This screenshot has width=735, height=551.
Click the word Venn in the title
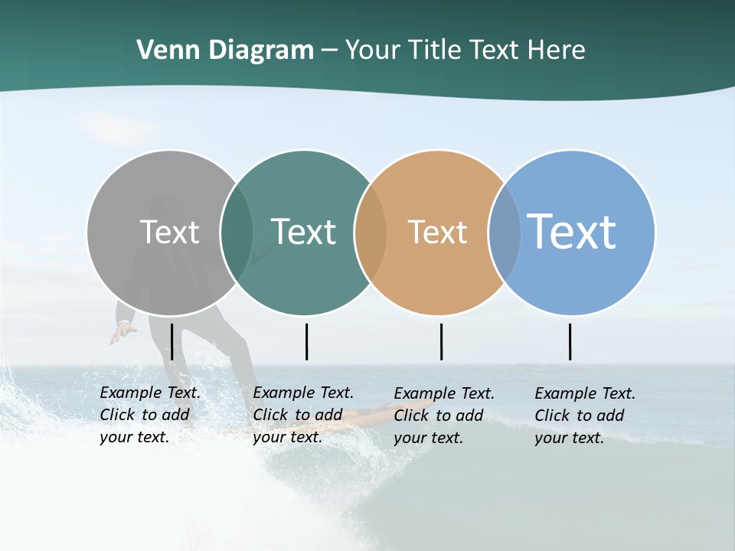(x=162, y=51)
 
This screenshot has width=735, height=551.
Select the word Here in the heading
(x=557, y=51)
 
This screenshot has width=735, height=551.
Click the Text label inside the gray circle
(x=169, y=232)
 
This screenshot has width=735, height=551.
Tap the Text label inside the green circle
(x=303, y=232)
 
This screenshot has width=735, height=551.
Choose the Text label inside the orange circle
(x=437, y=232)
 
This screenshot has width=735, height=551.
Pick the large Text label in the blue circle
(x=572, y=232)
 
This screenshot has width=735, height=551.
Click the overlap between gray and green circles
(x=237, y=232)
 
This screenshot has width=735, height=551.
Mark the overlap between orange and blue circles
(x=504, y=232)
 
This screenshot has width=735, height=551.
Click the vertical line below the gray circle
(x=171, y=341)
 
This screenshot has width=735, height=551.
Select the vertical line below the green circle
(x=306, y=341)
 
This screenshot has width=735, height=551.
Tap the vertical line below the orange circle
(x=441, y=341)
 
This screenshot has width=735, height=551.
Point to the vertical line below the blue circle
(x=570, y=341)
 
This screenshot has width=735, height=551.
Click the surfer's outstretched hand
(x=121, y=333)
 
